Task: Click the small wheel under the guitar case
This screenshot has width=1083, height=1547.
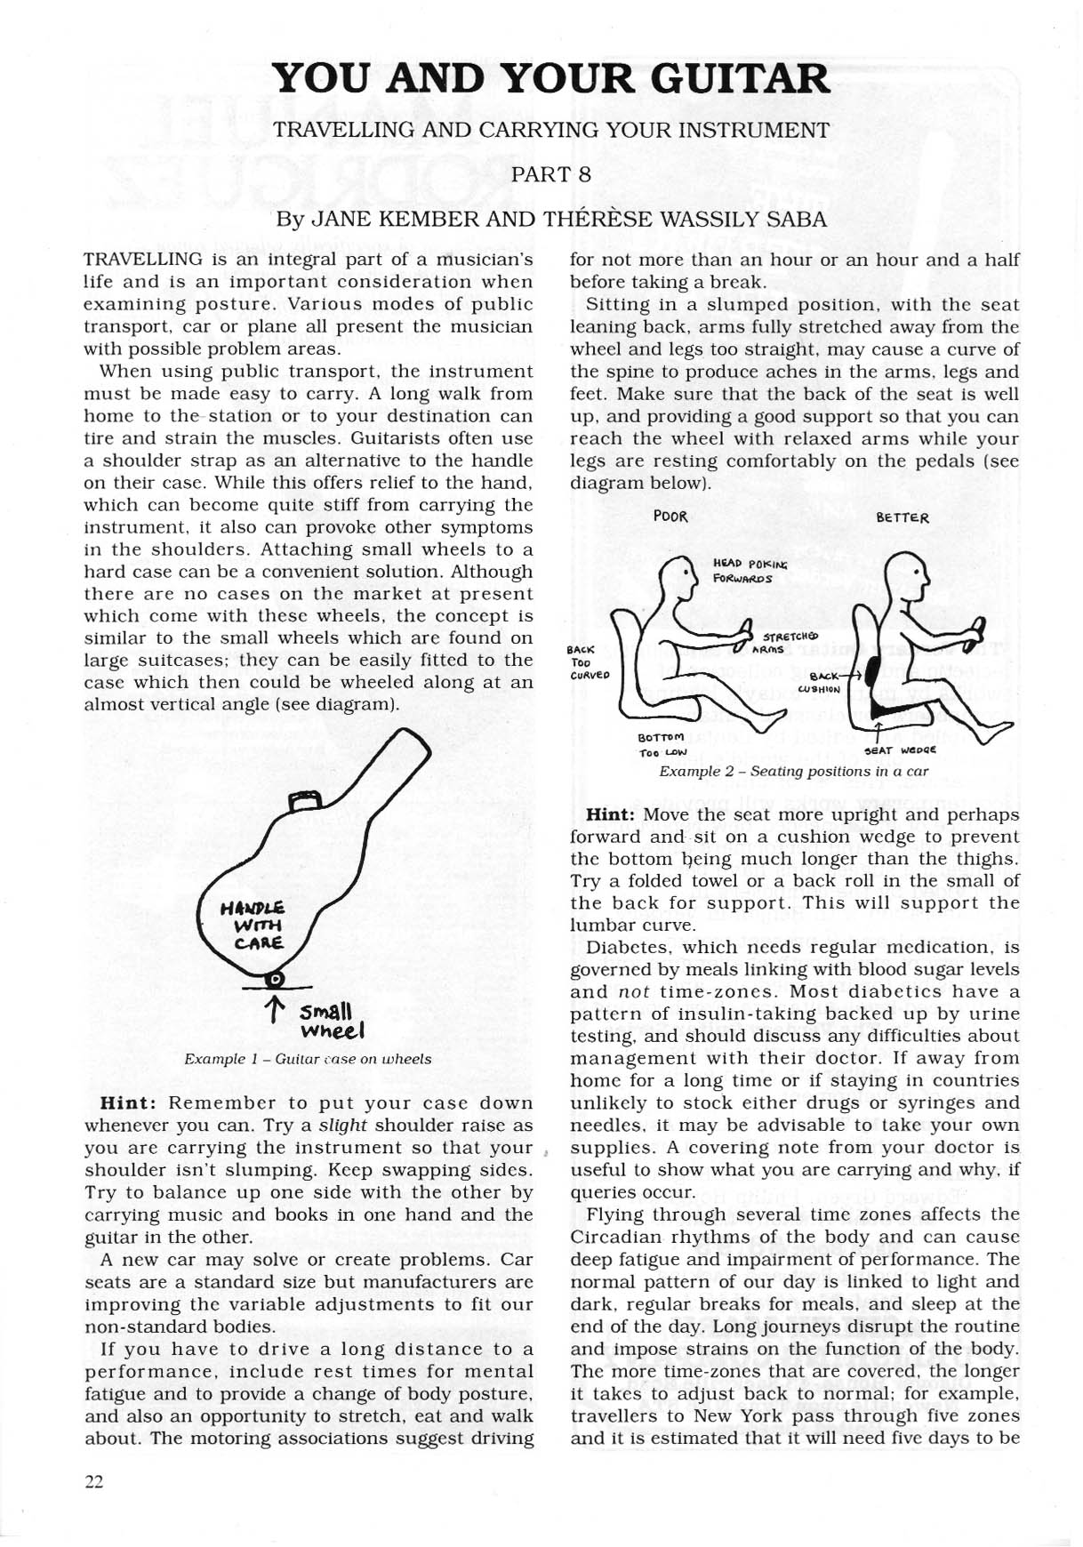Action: pyautogui.click(x=276, y=980)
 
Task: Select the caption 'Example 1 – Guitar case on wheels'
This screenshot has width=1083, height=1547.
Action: pyautogui.click(x=308, y=1059)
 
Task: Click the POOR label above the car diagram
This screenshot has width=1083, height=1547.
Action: pyautogui.click(x=670, y=517)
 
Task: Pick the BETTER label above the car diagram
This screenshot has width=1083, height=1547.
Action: pyautogui.click(x=902, y=517)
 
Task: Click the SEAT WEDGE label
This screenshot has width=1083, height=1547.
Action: pyautogui.click(x=900, y=749)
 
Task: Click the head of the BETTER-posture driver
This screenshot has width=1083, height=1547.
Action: pyautogui.click(x=906, y=574)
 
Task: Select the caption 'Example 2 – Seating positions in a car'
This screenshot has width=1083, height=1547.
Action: pyautogui.click(x=793, y=771)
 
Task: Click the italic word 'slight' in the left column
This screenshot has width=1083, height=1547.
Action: pyautogui.click(x=343, y=1126)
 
